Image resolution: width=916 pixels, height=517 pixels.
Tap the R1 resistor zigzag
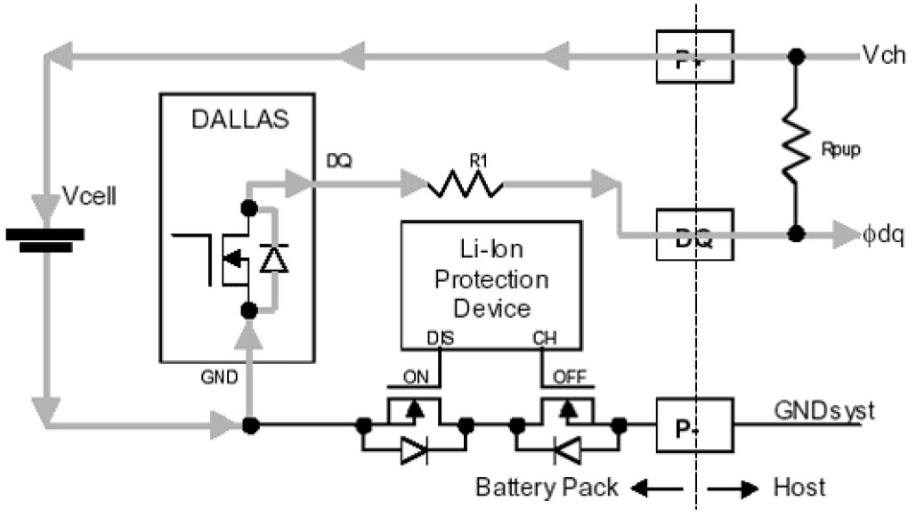pyautogui.click(x=465, y=185)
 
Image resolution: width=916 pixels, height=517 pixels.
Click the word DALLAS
pyautogui.click(x=240, y=119)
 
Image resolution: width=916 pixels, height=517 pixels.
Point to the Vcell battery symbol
pyautogui.click(x=45, y=238)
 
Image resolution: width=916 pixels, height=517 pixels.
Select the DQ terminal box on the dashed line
pyautogui.click(x=693, y=235)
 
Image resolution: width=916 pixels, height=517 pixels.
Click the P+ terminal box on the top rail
pyautogui.click(x=693, y=55)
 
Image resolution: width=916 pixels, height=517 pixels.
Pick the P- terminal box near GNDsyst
pyautogui.click(x=693, y=424)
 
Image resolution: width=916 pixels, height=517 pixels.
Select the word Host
pyautogui.click(x=798, y=488)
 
